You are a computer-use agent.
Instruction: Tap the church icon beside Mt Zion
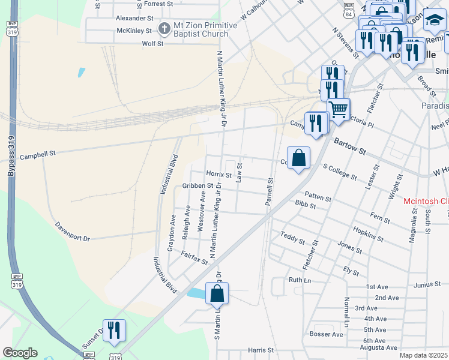[164, 28]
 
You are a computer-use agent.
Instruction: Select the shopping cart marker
[339, 109]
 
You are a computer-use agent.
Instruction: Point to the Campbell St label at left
[38, 155]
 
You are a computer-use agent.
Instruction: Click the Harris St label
[261, 350]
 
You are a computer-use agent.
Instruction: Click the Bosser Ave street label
[327, 334]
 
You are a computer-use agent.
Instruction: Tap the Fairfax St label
[194, 258]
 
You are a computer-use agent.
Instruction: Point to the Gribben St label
[197, 186]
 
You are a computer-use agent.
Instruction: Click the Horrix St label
[218, 173]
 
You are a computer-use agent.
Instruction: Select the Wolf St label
[152, 43]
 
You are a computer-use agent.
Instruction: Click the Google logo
[20, 353]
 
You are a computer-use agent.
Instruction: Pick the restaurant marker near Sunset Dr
[114, 330]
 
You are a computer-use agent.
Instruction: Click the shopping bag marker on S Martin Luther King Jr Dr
[217, 294]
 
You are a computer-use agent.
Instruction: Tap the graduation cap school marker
[435, 21]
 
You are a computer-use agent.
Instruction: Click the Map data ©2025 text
[423, 355]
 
